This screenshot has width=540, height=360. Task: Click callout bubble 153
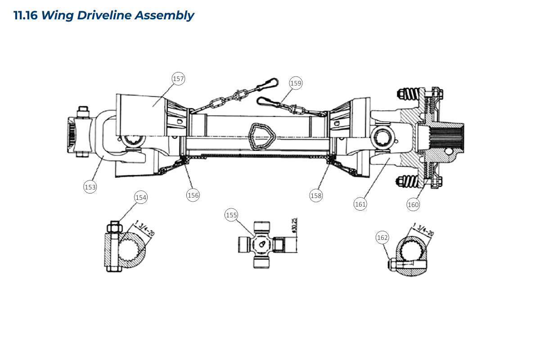[x=90, y=187]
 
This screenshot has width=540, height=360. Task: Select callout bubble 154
[x=141, y=198]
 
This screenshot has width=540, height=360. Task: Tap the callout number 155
[x=231, y=215]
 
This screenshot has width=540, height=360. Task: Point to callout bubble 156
[x=193, y=195]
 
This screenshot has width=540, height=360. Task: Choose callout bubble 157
[x=178, y=79]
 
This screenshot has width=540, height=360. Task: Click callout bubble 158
[x=316, y=196]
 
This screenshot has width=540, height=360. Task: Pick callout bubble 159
[x=296, y=83]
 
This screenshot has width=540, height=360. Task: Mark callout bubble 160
[x=413, y=205]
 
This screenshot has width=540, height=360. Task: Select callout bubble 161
[x=360, y=204]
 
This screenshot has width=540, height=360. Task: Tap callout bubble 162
[x=382, y=238]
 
